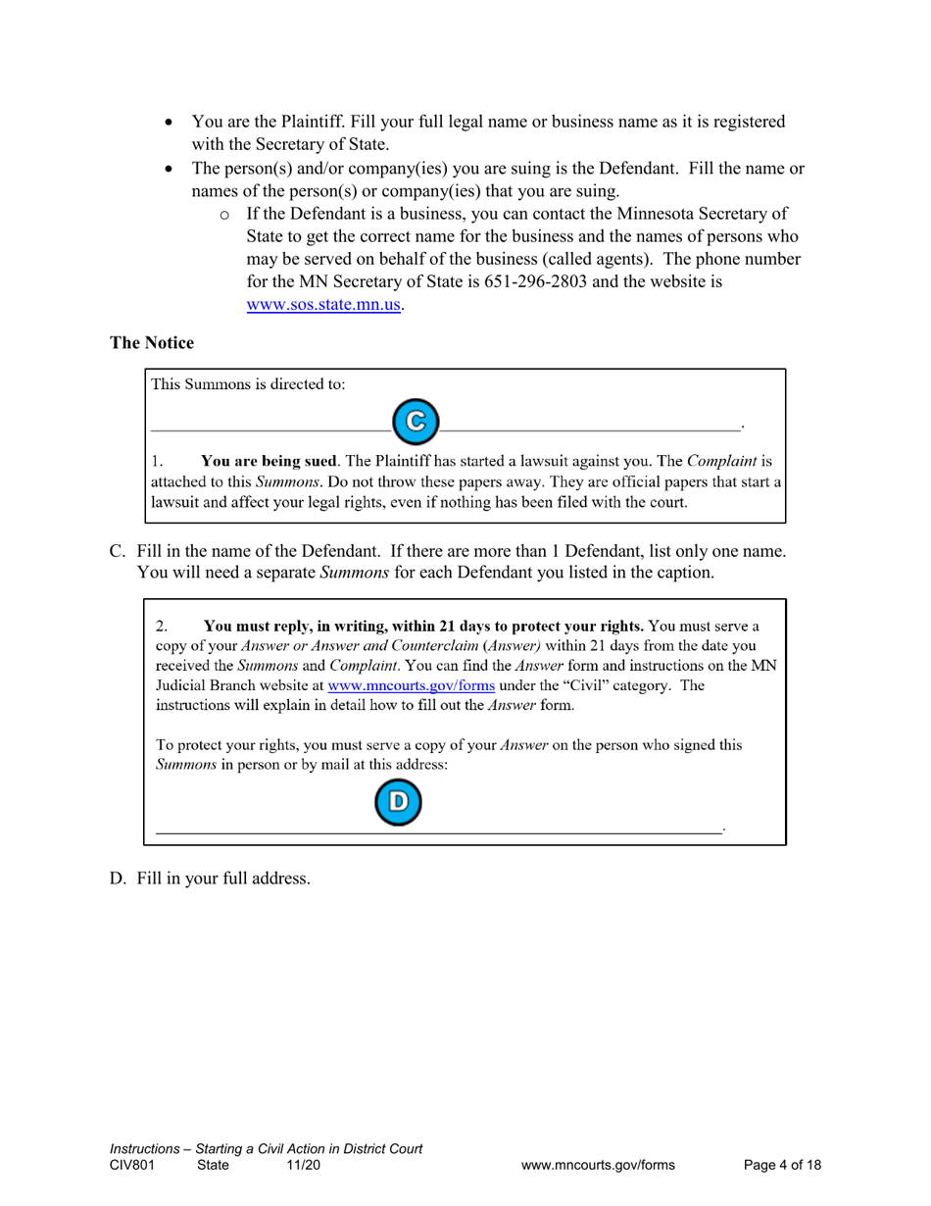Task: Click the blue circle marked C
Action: click(416, 420)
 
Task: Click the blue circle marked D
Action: click(396, 801)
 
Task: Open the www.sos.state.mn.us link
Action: click(323, 304)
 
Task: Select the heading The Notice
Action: click(152, 343)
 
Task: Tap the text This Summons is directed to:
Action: click(248, 384)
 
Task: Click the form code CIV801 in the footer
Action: click(131, 1165)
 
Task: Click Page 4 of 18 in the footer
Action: click(782, 1165)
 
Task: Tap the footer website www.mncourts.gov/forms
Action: click(598, 1165)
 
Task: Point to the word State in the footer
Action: click(213, 1165)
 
